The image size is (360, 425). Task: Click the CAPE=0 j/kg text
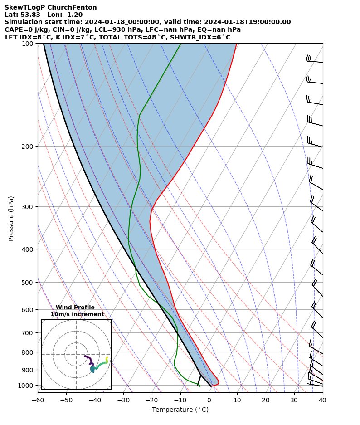coord(23,30)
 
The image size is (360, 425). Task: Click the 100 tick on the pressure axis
coord(28,44)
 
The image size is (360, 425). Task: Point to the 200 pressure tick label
coord(28,147)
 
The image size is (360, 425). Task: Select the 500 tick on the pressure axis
coord(28,283)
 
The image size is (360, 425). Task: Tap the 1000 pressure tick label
coord(26,386)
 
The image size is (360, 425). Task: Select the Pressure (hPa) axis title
coord(11,218)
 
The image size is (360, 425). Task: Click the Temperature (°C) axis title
coord(180,410)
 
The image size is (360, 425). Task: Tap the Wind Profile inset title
coord(75,308)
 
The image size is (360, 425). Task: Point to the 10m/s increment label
coord(77,314)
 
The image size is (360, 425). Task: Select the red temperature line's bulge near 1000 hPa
coord(217,382)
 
